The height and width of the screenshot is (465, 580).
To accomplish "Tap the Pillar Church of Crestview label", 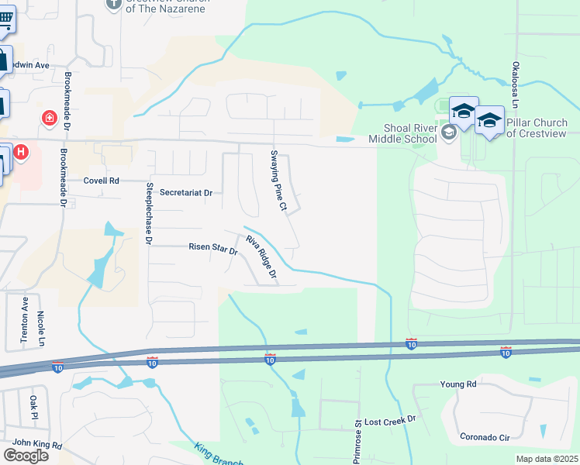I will (537, 128).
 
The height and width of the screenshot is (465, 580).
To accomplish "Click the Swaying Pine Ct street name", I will (278, 181).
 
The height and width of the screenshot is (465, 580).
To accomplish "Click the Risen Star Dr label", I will (212, 248).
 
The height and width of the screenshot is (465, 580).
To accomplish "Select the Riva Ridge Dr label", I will (261, 257).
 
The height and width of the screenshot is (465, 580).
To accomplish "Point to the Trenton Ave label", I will (24, 320).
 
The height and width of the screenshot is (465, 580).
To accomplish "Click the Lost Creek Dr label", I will (390, 419).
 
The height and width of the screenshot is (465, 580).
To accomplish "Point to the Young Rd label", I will (457, 384).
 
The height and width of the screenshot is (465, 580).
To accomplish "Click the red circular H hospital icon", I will (20, 152).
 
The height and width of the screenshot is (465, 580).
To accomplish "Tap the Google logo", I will (26, 455).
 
